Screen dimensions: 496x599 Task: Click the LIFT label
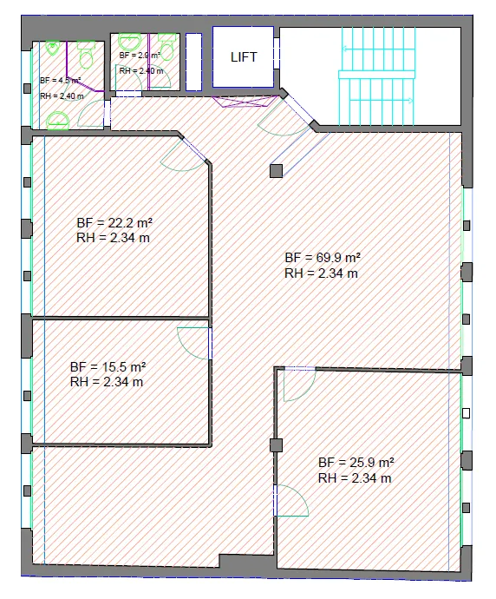(x=244, y=57)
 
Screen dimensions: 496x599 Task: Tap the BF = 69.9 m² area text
(x=323, y=258)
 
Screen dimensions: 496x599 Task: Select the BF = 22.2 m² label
(x=114, y=222)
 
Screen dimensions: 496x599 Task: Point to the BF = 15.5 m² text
(x=108, y=366)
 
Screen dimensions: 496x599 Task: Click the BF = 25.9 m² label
(x=356, y=462)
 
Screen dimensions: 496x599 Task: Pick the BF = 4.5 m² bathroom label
(x=61, y=80)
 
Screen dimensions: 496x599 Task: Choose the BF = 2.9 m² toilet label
(x=140, y=55)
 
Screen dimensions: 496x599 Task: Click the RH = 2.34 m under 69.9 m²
(x=321, y=273)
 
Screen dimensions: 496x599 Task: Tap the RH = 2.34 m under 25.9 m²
(x=355, y=478)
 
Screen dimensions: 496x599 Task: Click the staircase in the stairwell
(x=376, y=76)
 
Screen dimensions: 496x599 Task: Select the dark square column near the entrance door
(x=277, y=171)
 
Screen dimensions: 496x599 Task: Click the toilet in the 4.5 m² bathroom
(x=87, y=55)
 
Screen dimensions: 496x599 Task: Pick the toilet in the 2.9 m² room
(x=166, y=47)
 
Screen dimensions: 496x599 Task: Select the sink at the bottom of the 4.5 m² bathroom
(x=58, y=121)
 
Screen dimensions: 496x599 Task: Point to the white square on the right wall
(x=466, y=413)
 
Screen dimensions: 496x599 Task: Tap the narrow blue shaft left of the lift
(x=194, y=62)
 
